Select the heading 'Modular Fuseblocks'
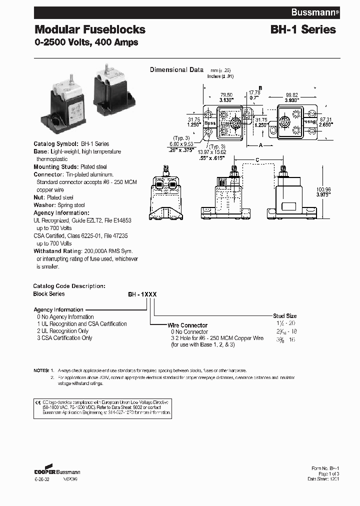point(90,29)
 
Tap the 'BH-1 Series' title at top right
point(303,29)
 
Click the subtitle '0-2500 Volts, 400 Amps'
point(86,42)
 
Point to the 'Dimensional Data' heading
point(176,70)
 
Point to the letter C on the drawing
point(257,159)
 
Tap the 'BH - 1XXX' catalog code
point(142,295)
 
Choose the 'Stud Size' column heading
point(284,316)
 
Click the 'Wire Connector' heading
point(187,325)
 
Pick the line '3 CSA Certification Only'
point(64,338)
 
